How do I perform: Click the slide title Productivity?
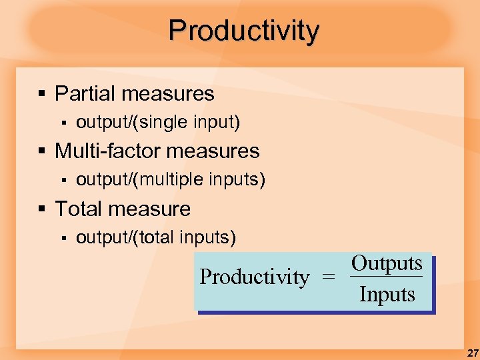point(244,31)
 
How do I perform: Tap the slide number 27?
point(471,353)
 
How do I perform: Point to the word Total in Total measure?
point(79,209)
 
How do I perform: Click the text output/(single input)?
point(158,123)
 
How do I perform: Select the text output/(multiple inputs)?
point(171,180)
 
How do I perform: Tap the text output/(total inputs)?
point(156,237)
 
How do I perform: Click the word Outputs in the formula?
point(387,263)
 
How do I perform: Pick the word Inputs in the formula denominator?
point(387,294)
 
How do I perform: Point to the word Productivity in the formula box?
point(255,277)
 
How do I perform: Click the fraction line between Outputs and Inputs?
point(387,277)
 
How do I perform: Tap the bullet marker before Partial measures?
point(42,94)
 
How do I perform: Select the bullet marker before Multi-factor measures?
point(42,151)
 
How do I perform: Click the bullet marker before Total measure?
point(42,209)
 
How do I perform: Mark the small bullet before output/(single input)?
point(64,123)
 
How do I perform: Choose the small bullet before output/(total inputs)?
point(64,238)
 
